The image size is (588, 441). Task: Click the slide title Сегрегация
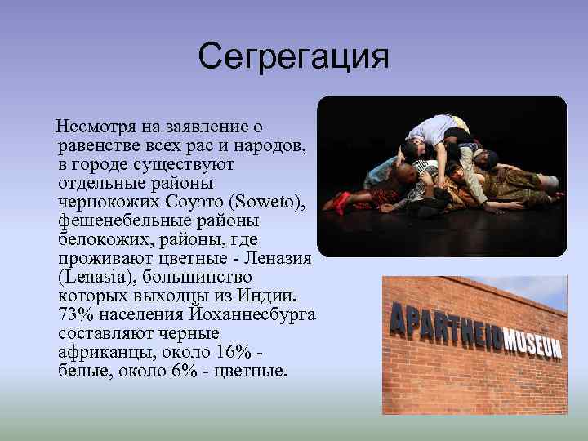293,57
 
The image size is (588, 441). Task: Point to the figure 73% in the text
75,314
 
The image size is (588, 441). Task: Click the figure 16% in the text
232,352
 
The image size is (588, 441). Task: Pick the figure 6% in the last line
184,371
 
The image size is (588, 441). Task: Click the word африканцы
100,352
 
